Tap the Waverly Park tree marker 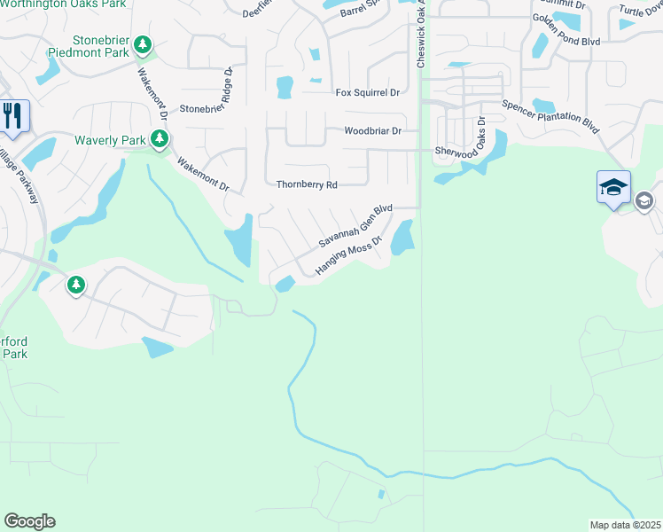click(160, 139)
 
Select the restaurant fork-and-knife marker click(13, 116)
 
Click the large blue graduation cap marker click(613, 187)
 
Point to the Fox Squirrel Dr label click(368, 92)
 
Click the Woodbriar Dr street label click(372, 130)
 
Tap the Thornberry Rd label click(307, 185)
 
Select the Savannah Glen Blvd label click(355, 227)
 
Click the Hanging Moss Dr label click(349, 254)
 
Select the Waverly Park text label click(110, 140)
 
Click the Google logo click(29, 520)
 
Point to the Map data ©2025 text click(625, 525)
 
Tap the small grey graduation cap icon click(644, 202)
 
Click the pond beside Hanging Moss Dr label click(402, 235)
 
